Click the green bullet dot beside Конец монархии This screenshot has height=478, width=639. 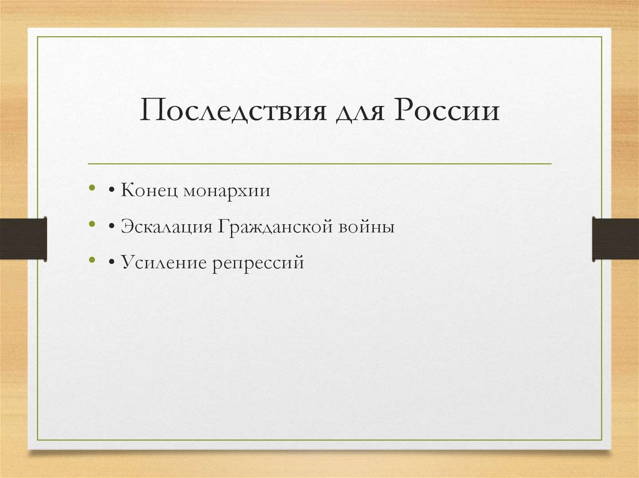coord(92,188)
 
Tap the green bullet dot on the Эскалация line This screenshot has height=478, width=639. coord(92,224)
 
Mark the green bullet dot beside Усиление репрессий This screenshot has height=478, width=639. coord(92,260)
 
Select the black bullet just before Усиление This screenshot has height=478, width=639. coord(110,263)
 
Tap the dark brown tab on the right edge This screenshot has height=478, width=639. coord(615,239)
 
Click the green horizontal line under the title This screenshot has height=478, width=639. coord(319,164)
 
